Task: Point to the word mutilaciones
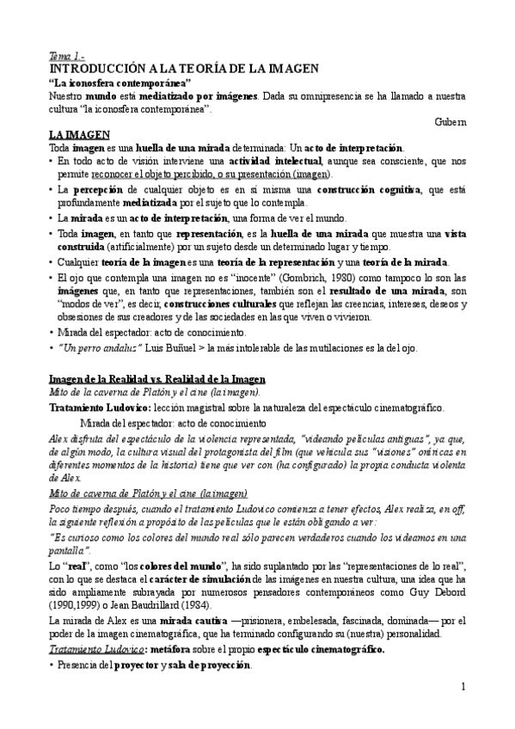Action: [x=331, y=347]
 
